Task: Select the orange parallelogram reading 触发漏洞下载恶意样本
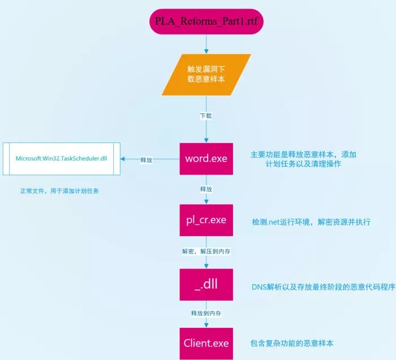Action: pos(206,74)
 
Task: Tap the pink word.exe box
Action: pos(206,159)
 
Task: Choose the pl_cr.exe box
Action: pos(206,220)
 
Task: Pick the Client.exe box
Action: pos(206,343)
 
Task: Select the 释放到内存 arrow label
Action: pos(206,313)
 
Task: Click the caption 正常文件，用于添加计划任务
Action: pos(59,191)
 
